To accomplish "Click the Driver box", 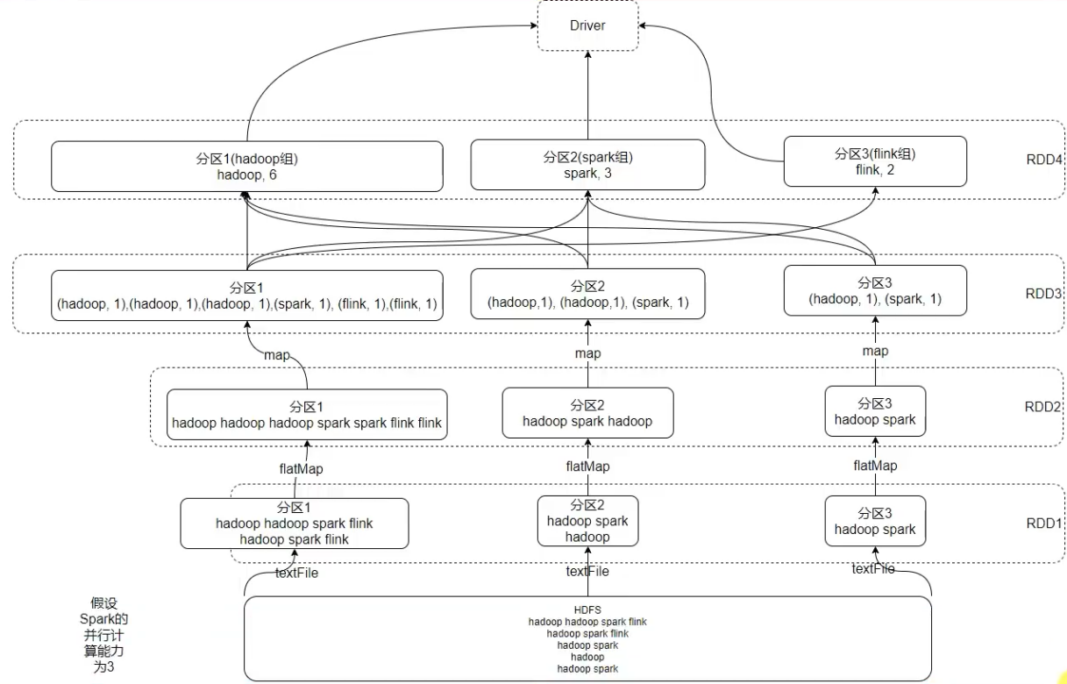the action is pos(587,25).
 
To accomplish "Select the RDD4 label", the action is pos(1043,160).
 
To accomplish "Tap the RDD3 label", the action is pos(1043,294).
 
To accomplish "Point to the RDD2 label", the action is pos(1042,406).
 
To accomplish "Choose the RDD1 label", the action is pos(1043,523).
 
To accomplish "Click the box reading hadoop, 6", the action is pos(246,167).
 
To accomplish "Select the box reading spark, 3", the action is pos(587,165).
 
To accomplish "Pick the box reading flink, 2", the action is pos(875,161).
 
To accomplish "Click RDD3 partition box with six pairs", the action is pos(246,296).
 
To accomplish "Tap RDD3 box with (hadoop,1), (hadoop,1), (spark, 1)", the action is pos(587,294).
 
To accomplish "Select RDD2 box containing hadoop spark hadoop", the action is pos(587,412).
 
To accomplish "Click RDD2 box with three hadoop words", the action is pos(307,415).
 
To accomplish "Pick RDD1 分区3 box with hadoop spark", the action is pos(875,521).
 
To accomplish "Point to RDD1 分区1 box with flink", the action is pos(295,524).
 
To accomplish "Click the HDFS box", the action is pos(587,638).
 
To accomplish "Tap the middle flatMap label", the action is pos(587,467).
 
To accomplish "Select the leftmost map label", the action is pos(277,355).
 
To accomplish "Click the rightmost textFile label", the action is pos(873,569).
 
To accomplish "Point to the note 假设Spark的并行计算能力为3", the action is pos(103,635).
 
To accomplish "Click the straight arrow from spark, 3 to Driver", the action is pos(587,96).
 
